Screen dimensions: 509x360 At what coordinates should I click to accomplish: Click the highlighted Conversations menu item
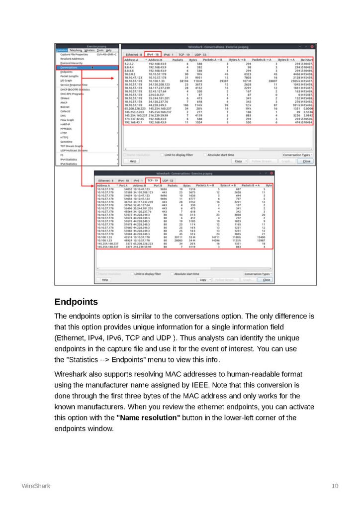tap(69, 67)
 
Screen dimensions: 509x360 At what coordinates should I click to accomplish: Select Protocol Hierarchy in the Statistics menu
tap(72, 63)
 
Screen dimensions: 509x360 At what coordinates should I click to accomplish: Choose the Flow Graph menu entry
tap(67, 120)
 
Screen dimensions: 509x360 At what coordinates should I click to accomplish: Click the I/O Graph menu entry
tap(67, 80)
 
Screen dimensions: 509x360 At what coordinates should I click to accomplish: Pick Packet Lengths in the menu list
tap(69, 76)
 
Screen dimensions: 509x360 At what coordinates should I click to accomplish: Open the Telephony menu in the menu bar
tap(76, 50)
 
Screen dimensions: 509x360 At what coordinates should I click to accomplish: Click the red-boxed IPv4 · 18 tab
tap(153, 54)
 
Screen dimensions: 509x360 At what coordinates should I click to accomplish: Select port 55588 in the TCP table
tap(128, 192)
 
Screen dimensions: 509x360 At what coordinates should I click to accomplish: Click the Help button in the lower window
tap(105, 279)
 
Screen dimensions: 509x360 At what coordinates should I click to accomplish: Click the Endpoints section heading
tap(76, 302)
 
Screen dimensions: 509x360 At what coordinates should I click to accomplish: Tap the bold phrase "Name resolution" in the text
tap(148, 418)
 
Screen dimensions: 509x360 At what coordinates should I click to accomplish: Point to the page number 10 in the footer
tap(335, 486)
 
